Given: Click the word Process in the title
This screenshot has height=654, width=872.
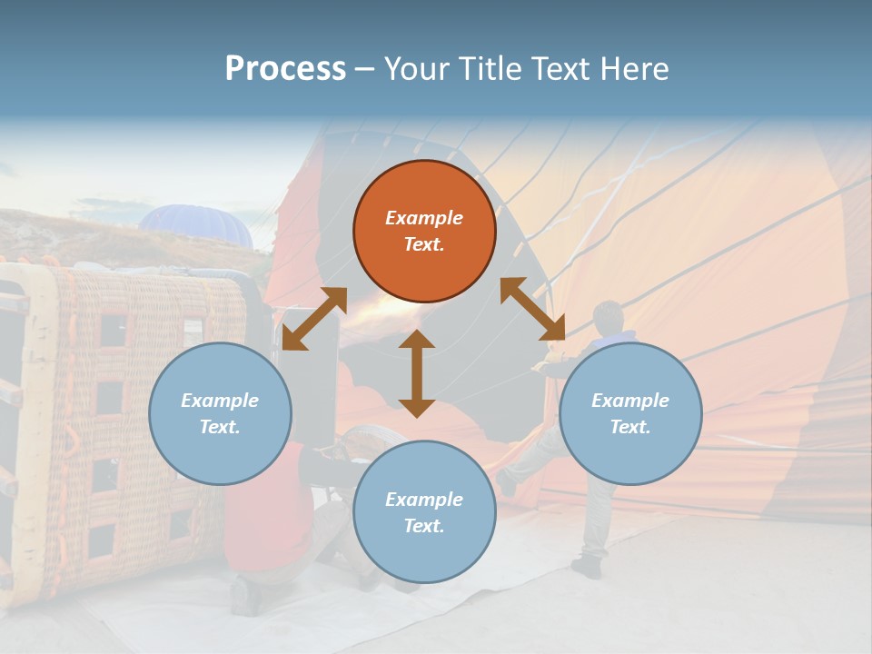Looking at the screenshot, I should [x=285, y=69].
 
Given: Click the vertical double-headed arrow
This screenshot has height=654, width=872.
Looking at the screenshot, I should [x=417, y=373].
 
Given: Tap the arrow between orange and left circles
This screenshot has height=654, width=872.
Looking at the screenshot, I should [x=314, y=319].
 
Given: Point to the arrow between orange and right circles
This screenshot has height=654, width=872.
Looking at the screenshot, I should [x=532, y=309].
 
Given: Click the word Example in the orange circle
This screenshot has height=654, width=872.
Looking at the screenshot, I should [x=424, y=218].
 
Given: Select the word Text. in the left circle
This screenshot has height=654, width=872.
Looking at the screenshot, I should [x=220, y=427].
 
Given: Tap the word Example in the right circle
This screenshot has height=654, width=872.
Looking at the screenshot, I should [x=630, y=401].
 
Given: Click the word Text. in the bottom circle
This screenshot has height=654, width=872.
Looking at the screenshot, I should [x=424, y=526].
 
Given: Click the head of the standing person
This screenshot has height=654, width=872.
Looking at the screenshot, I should [x=608, y=319].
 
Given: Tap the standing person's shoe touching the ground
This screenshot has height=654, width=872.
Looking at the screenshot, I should [x=587, y=568].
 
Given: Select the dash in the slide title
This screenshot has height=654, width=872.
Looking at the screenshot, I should [x=365, y=69].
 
